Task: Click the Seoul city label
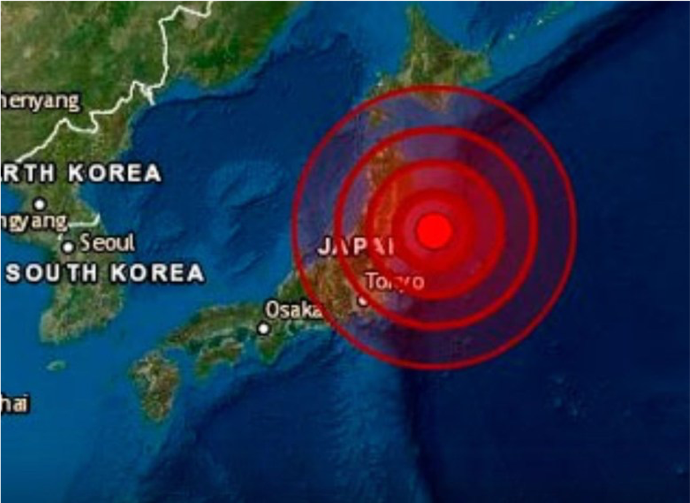107,243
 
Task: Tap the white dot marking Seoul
68,248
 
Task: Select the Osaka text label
293,310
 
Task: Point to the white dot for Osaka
264,328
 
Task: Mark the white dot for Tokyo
363,300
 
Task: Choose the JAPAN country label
356,248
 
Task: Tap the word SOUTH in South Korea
51,273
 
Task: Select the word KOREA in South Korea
157,273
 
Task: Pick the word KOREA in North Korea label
114,173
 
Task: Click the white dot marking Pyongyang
40,204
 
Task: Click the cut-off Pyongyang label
33,221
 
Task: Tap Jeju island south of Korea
57,365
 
